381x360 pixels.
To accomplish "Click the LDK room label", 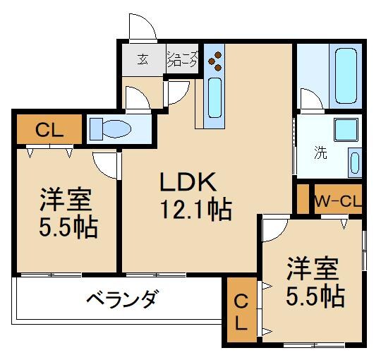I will click(186, 182).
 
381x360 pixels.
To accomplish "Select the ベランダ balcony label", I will click(121, 299).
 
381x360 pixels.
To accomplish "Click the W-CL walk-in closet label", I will click(337, 201).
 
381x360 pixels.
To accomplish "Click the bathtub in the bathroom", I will click(346, 76).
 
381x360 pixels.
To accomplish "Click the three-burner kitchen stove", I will click(214, 61).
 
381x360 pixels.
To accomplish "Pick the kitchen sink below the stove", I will click(214, 98).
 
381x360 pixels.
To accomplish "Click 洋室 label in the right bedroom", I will click(312, 268).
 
